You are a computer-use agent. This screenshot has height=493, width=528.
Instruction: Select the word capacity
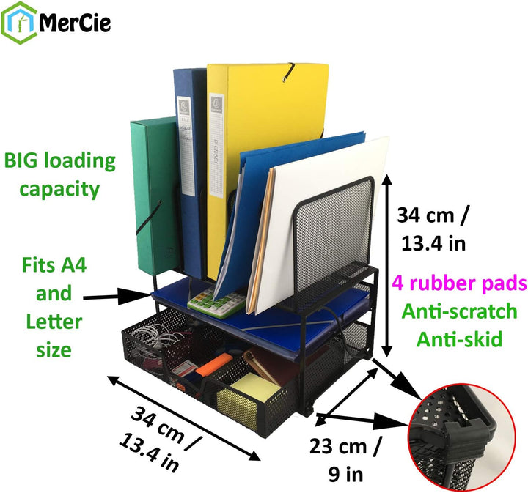click(59, 189)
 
